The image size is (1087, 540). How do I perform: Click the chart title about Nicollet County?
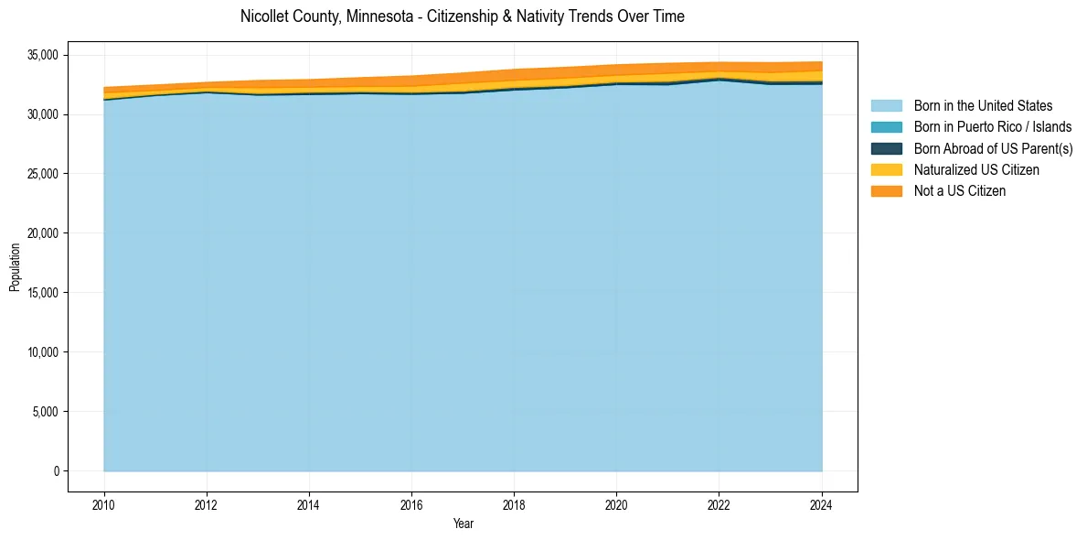[462, 16]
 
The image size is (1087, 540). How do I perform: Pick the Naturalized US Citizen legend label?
[976, 170]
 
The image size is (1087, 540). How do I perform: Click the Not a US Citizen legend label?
[959, 191]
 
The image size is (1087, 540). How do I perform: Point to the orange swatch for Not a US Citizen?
[886, 191]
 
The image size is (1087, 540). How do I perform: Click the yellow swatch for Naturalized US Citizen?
[886, 170]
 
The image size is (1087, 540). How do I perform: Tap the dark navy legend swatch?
[886, 148]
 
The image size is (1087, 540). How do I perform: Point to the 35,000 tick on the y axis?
[44, 55]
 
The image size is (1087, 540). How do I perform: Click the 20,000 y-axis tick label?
[44, 233]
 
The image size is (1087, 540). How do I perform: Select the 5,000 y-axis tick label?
[47, 412]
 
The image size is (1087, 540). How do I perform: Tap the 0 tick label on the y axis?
[56, 471]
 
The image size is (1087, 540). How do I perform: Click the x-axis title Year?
[463, 524]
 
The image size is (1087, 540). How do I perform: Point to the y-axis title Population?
[15, 267]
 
